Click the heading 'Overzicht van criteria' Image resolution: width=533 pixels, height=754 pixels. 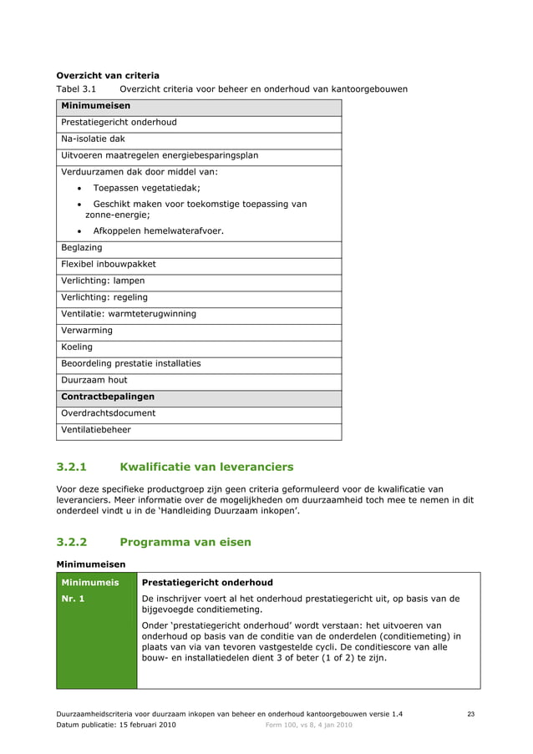(x=107, y=75)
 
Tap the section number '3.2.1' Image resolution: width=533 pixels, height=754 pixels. (x=76, y=467)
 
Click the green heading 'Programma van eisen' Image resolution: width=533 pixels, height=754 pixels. (x=185, y=542)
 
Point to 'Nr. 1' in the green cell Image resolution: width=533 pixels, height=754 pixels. (x=74, y=599)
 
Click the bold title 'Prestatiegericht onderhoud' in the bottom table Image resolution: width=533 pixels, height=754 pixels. (x=207, y=582)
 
